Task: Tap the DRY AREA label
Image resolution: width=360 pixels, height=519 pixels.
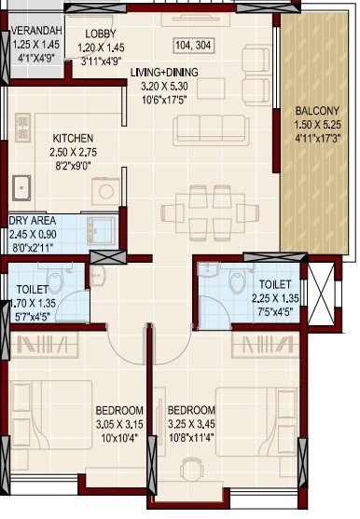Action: (x=32, y=221)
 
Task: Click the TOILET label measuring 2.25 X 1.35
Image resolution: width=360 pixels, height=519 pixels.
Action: (x=275, y=283)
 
